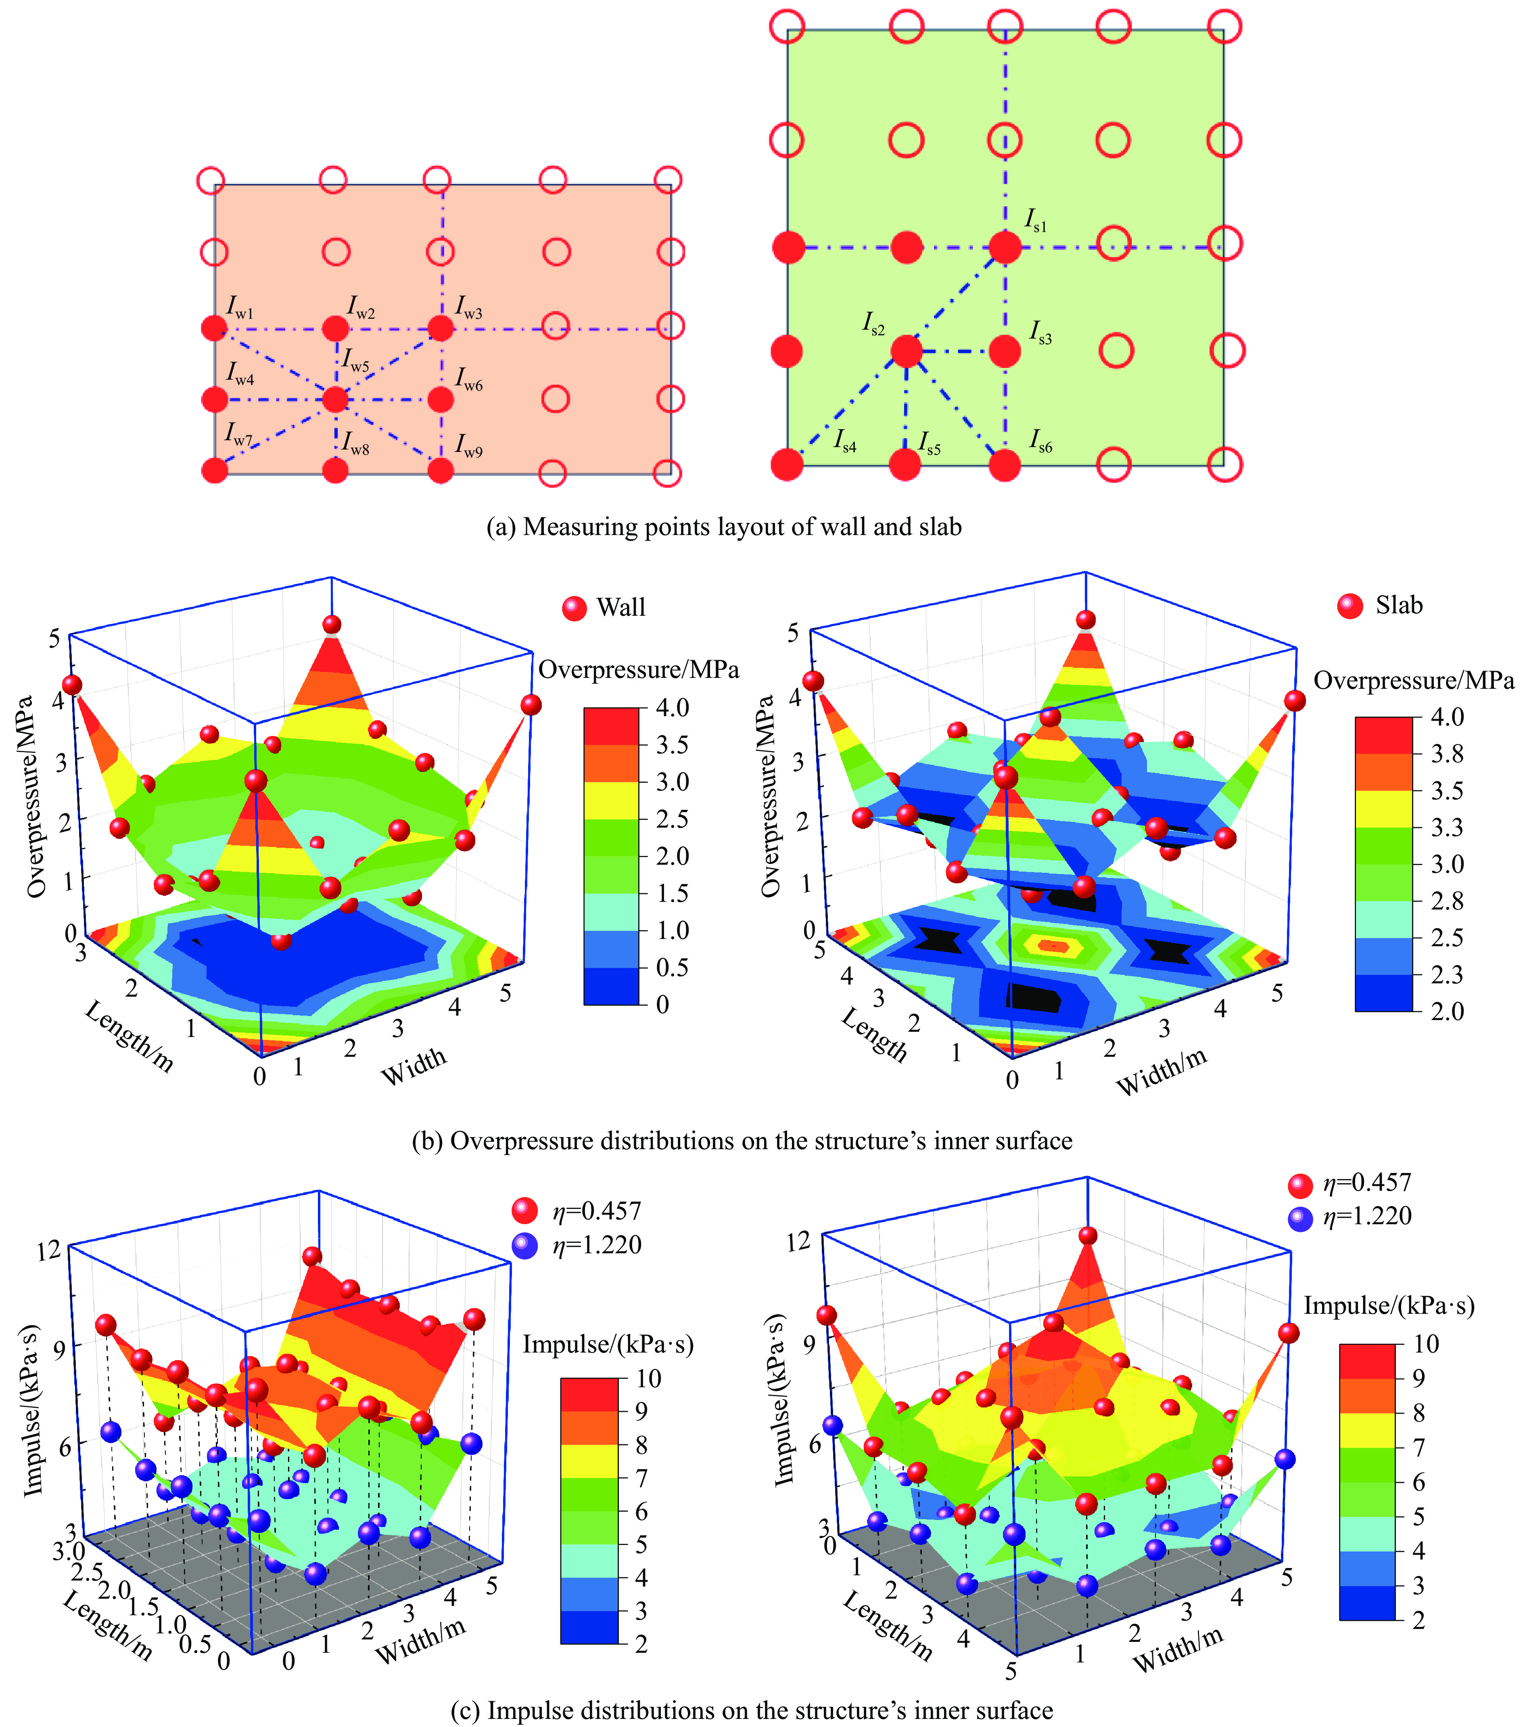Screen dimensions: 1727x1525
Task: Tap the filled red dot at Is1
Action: [x=1005, y=248]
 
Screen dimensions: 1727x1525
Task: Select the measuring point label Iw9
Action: [x=469, y=445]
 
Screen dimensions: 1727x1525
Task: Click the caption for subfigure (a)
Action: [x=724, y=527]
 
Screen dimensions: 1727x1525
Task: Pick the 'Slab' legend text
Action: [x=1399, y=606]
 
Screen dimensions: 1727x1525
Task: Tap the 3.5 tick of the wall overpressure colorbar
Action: [x=673, y=744]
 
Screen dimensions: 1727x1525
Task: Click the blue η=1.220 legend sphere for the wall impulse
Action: [x=524, y=1245]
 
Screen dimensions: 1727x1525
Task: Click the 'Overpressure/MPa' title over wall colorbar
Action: [x=639, y=670]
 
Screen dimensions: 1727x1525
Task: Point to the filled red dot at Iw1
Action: [x=215, y=328]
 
